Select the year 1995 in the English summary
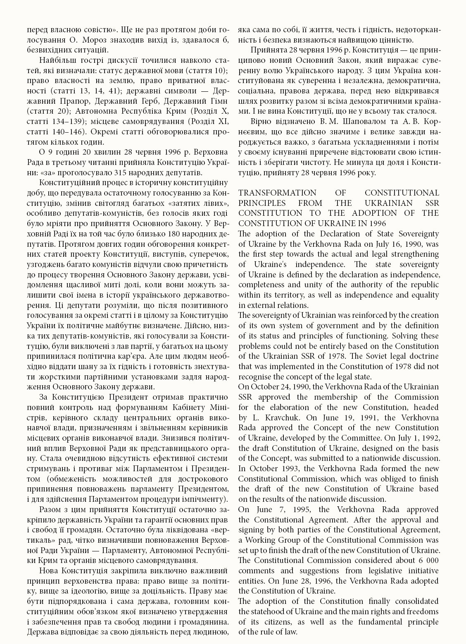pyautogui.click(x=288, y=509)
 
